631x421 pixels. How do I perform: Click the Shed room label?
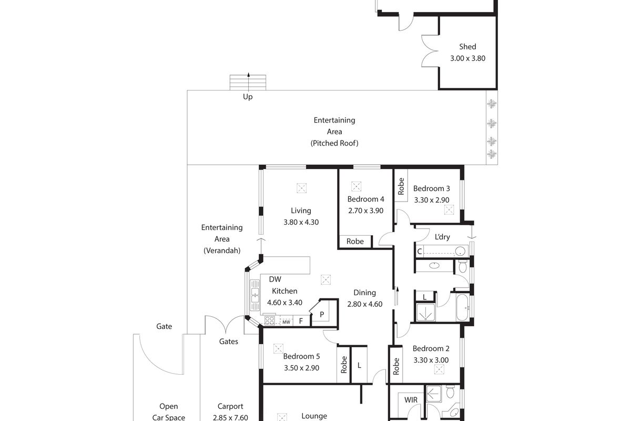click(467, 46)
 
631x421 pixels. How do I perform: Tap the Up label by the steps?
click(248, 97)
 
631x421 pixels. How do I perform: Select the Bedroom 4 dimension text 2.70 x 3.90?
click(365, 210)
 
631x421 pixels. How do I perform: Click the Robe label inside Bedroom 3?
click(401, 186)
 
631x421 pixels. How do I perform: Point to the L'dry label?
click(442, 237)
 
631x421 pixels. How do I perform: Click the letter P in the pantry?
click(322, 314)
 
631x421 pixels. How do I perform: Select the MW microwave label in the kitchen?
click(286, 322)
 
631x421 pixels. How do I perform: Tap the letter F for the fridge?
click(301, 321)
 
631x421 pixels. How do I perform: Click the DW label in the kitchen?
click(275, 279)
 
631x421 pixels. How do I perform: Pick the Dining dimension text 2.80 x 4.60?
click(365, 304)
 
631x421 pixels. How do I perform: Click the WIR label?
click(411, 399)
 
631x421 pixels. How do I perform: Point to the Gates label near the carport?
click(228, 342)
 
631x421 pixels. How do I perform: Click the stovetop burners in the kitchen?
click(269, 320)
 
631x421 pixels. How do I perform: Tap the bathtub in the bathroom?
click(462, 308)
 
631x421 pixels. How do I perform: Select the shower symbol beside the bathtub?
click(425, 312)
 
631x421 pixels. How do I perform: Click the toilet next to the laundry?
click(463, 266)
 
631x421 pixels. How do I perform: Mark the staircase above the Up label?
click(248, 82)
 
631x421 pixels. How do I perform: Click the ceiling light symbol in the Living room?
click(301, 188)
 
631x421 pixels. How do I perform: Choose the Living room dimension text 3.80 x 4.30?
click(301, 222)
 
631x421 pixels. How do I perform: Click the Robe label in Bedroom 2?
click(396, 366)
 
